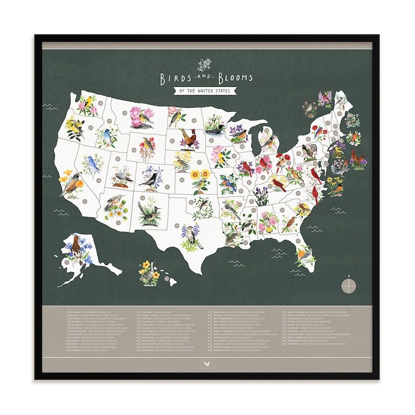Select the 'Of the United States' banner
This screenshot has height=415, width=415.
point(208,92)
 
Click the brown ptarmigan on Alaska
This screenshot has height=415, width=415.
point(76,244)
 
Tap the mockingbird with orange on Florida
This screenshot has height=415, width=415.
point(304,256)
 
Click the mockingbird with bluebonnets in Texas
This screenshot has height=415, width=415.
point(191,235)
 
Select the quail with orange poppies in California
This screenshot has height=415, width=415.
point(71,183)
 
